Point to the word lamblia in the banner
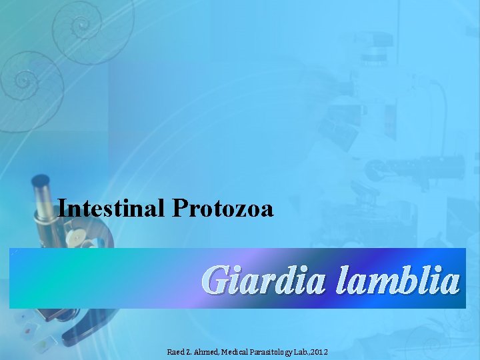tap(398, 280)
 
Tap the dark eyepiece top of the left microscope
tap(41, 181)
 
